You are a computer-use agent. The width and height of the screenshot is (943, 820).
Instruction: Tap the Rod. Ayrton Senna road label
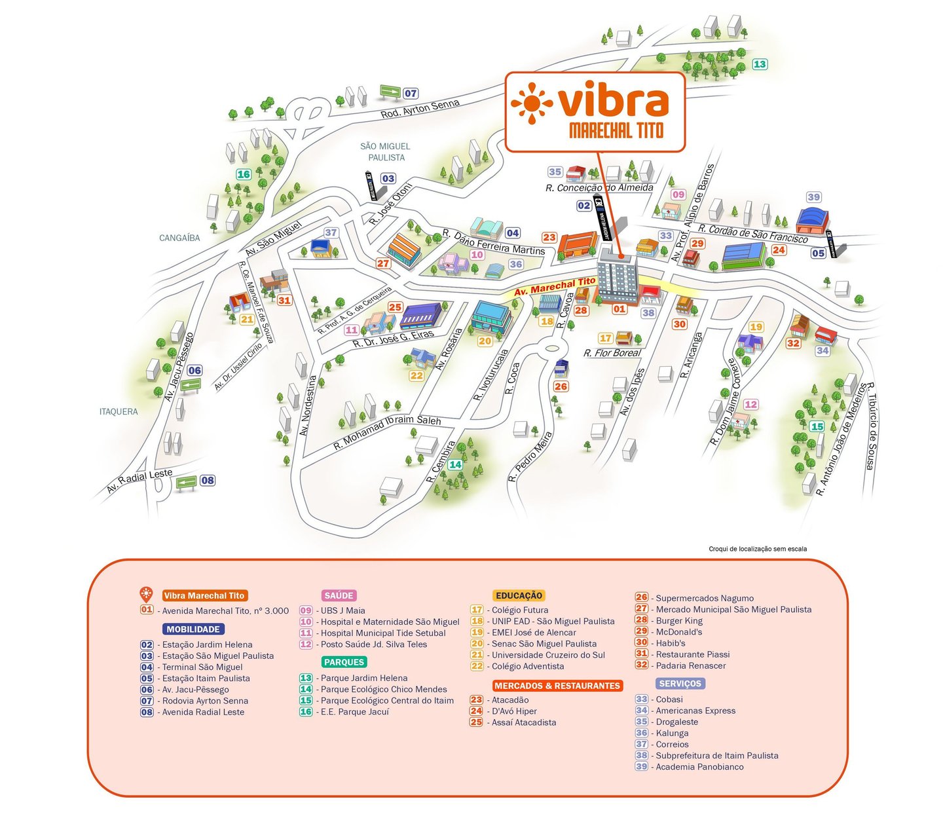click(420, 109)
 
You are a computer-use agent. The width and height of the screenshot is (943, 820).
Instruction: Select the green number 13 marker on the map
click(760, 64)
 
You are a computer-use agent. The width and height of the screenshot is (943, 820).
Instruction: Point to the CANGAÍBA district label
click(179, 238)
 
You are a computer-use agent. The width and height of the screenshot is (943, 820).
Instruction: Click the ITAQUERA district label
click(119, 411)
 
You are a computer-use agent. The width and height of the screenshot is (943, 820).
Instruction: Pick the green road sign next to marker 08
click(186, 483)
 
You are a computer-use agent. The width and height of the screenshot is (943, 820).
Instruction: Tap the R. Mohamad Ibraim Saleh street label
click(387, 432)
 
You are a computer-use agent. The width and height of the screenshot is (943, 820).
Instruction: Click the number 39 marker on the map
click(813, 197)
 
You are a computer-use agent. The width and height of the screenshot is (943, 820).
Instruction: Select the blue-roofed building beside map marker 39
click(812, 221)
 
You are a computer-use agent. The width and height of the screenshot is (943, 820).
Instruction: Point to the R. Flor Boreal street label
click(612, 353)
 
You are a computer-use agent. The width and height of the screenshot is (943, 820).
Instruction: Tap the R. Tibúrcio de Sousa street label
click(870, 426)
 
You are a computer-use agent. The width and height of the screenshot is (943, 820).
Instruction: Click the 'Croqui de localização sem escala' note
click(758, 549)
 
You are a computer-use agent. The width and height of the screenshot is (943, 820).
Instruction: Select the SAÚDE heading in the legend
click(339, 595)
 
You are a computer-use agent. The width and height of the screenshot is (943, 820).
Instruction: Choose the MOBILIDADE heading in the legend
click(193, 629)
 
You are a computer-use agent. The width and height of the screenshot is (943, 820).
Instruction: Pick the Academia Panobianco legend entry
click(699, 767)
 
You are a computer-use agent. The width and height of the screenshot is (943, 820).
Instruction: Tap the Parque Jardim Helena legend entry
click(363, 678)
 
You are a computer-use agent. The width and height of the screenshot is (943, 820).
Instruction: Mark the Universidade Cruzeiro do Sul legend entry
click(548, 655)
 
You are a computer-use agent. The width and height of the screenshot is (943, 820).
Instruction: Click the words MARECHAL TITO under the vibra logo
click(616, 130)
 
